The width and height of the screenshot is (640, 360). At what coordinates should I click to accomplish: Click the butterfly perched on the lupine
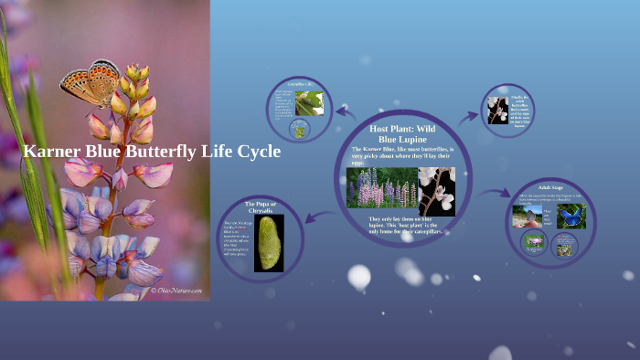[91, 83]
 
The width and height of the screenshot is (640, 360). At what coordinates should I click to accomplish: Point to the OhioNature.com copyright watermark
[177, 291]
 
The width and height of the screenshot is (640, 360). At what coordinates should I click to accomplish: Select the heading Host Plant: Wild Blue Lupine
[403, 133]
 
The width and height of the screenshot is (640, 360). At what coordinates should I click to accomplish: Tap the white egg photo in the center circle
[436, 190]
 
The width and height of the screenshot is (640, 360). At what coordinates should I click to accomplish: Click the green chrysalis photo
[268, 243]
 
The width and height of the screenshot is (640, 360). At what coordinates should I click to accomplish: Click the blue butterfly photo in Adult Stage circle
[573, 217]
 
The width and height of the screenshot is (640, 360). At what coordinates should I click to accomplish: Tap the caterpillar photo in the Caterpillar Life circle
[310, 102]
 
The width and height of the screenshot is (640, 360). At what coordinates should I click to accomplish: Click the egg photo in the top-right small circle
[497, 111]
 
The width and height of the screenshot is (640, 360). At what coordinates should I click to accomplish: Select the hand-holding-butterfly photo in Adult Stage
[532, 217]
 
